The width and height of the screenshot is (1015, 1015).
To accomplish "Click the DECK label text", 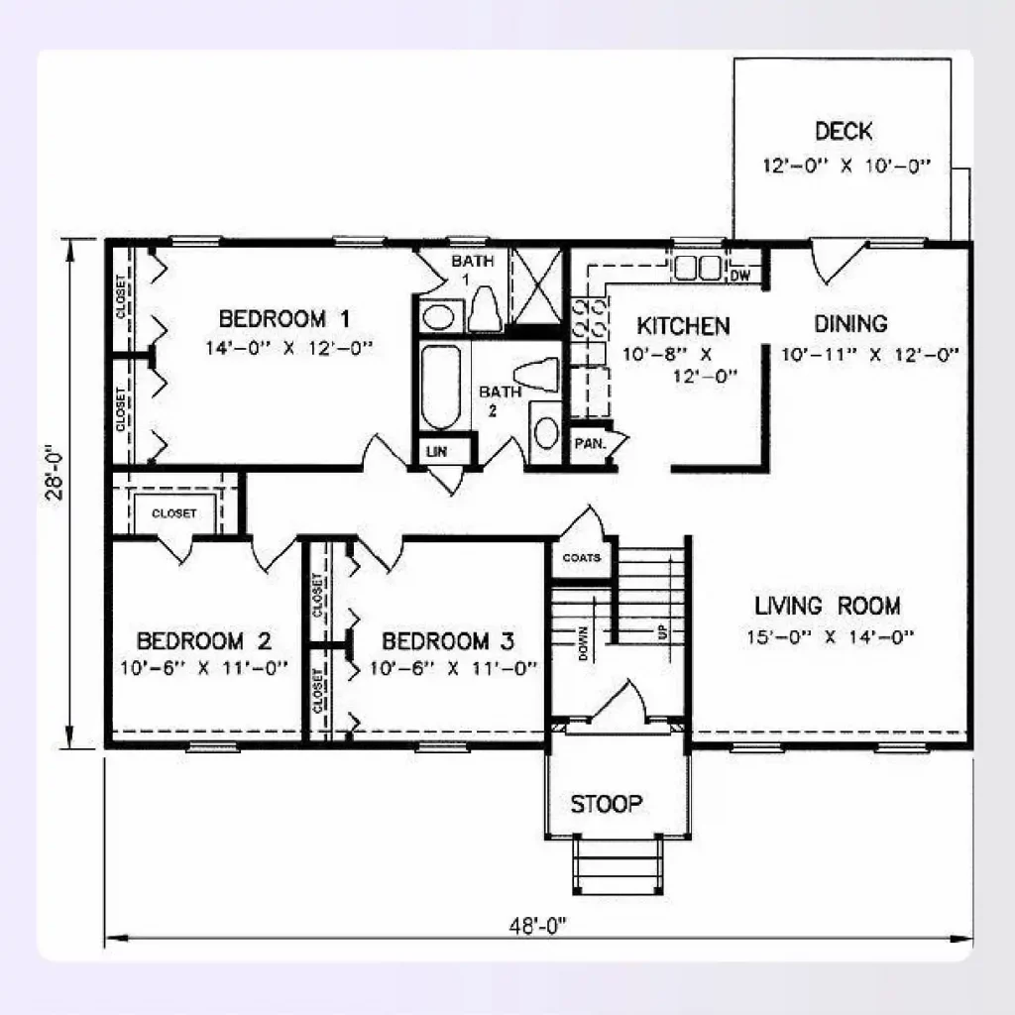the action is [x=843, y=131].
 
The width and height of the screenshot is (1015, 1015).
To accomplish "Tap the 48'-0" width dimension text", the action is [x=537, y=927].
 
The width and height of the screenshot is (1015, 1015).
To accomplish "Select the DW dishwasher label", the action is [x=740, y=276].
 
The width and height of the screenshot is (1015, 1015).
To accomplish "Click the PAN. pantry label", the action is [x=591, y=444].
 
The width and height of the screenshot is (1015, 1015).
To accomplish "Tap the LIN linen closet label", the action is [x=437, y=452].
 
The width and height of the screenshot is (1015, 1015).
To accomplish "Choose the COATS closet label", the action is [x=581, y=557].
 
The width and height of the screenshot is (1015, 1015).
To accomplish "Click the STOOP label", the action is [x=607, y=804].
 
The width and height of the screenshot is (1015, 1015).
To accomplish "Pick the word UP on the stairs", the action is [x=663, y=631].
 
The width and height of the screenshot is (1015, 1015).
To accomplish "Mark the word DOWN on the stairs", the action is [x=583, y=643].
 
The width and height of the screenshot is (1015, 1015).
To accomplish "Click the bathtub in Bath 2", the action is [x=441, y=387].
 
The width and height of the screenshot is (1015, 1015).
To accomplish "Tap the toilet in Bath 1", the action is [x=485, y=309].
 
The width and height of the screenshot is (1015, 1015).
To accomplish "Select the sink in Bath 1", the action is [x=439, y=317].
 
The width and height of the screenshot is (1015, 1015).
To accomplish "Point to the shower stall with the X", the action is [x=536, y=284].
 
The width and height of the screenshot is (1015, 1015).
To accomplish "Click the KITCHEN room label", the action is [x=684, y=325].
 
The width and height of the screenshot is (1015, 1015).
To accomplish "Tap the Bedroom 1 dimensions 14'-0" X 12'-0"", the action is [x=289, y=348].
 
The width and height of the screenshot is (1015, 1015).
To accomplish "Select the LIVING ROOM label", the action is [x=828, y=606].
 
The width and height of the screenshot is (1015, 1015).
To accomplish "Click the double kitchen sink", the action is [x=698, y=268].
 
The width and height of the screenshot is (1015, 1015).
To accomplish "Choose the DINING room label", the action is [x=850, y=324].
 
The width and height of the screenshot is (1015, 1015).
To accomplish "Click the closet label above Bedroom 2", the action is [x=173, y=513].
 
